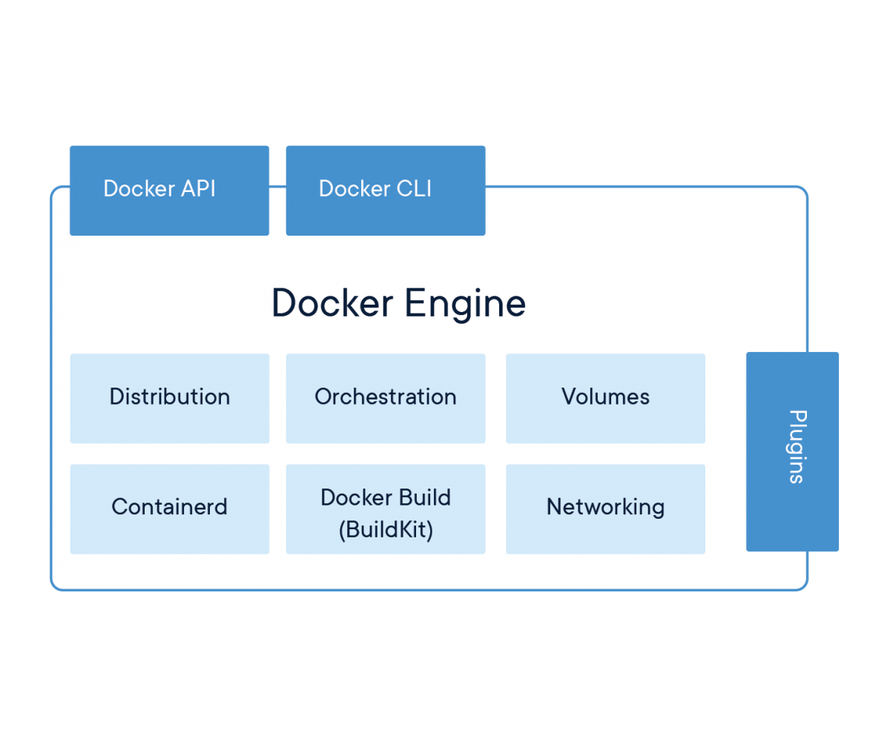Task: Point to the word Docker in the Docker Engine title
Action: tap(332, 302)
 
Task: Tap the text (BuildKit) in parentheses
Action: tap(386, 530)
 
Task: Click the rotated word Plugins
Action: tap(796, 446)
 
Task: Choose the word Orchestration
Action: tap(386, 397)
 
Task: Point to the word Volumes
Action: tap(605, 397)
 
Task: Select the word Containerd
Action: tap(169, 507)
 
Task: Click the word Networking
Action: tap(605, 507)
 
